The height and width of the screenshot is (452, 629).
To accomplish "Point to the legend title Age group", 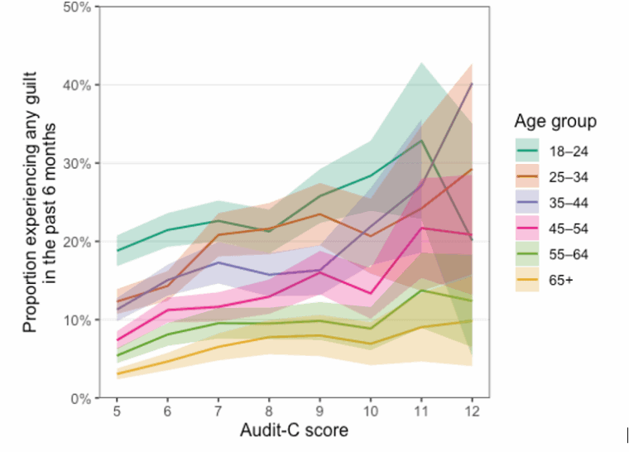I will click(555, 123).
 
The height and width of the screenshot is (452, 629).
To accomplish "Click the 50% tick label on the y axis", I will click(78, 7).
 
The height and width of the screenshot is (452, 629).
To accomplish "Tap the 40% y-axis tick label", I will click(78, 84).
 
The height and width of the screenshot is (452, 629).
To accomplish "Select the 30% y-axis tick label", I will click(78, 163).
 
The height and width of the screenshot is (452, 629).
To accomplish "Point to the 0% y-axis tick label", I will click(81, 398).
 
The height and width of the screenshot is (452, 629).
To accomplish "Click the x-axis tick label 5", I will click(117, 411).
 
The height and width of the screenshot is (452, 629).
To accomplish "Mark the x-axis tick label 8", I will click(269, 411).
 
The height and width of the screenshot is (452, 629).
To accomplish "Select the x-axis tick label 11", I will click(422, 411).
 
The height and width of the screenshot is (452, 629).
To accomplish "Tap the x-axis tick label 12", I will click(473, 411).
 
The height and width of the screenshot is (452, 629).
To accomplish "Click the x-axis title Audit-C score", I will click(294, 430).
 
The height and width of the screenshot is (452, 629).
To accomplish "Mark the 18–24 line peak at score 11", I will click(422, 140).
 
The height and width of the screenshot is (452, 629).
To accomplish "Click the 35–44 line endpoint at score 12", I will click(473, 84).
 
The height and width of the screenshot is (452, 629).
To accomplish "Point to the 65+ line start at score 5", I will click(117, 374).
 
